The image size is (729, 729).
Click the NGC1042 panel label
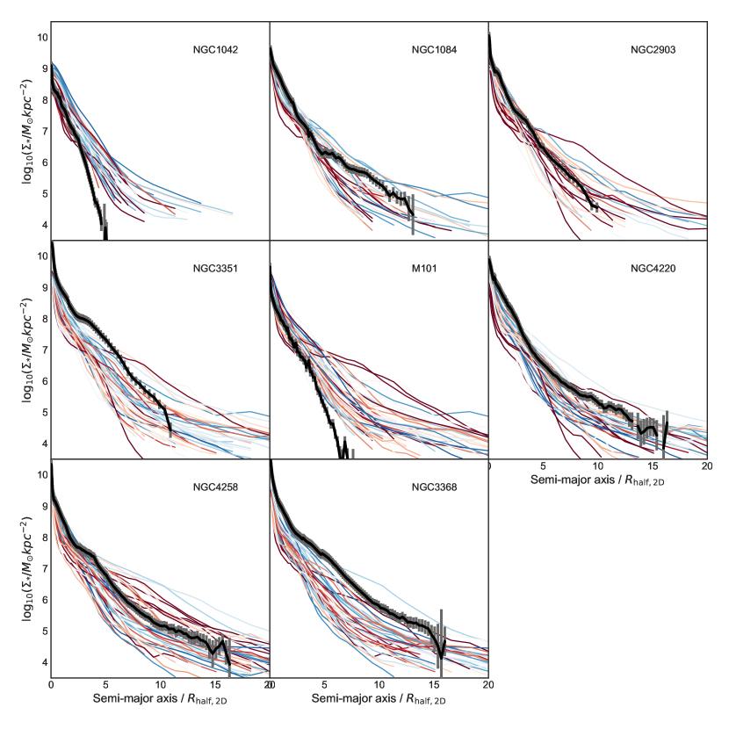pos(217,49)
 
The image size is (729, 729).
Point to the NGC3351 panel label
pos(217,268)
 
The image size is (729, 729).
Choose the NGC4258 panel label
pos(217,487)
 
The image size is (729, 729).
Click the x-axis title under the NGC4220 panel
pos(597,482)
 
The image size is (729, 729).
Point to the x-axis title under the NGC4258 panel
pos(160,701)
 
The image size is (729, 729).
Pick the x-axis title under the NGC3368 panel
pos(379,701)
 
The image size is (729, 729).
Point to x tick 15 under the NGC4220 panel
pos(653,466)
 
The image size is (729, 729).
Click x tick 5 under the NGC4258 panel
pos(105,684)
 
